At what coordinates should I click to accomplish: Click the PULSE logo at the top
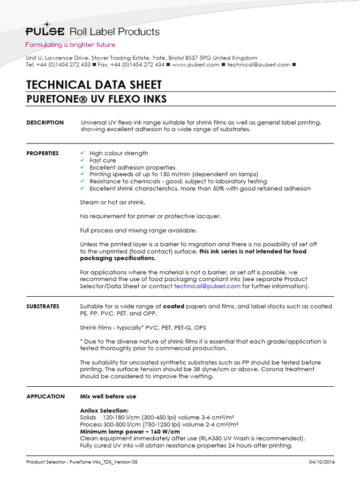45,31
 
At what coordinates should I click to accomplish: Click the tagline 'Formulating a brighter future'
70,45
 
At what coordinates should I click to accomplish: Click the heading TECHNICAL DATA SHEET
94,85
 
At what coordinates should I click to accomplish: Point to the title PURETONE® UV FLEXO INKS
97,99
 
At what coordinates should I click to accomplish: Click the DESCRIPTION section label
45,123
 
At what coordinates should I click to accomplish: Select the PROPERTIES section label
43,153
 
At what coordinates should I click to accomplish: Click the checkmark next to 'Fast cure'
83,160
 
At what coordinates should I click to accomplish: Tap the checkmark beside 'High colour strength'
83,153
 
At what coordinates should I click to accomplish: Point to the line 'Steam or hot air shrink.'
112,202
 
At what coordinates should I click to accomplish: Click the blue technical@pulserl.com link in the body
207,286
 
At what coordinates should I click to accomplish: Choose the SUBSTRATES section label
43,307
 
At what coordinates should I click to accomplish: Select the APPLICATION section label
45,397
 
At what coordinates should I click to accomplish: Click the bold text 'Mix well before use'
108,397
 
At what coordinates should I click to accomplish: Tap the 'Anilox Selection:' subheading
104,411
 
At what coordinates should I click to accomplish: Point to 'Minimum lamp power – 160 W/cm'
130,431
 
